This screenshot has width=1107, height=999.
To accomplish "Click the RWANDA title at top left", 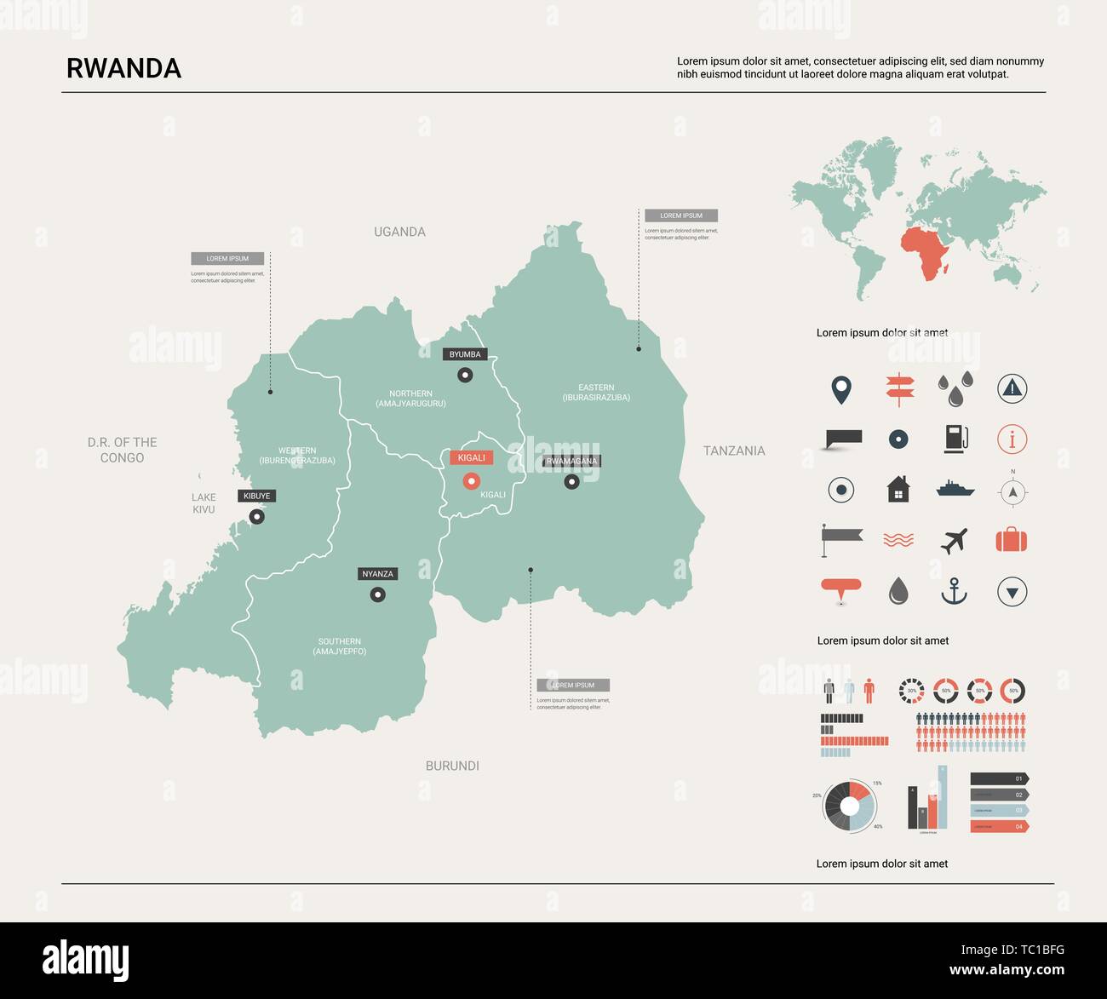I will pos(123,68).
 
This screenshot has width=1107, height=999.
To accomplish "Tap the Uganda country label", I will pos(399,232).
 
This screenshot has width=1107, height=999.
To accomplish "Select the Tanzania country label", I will pos(733,451).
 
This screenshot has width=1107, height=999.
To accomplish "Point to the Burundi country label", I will pos(452,766).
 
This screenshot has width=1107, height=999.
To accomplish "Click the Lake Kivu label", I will pos(204,503).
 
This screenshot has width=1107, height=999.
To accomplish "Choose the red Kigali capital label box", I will pos(471,457).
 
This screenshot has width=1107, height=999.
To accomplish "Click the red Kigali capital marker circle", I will pos(471,481).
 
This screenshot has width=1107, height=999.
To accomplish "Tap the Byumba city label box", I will pos(464,354).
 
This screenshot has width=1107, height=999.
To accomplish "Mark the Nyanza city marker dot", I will pos(377,594).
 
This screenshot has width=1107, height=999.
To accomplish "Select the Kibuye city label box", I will pos(256,496).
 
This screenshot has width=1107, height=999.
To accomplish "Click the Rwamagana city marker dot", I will pos(571,481).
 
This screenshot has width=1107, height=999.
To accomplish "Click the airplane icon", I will pos(955,540).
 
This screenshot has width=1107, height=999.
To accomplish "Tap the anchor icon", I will pos(954,591).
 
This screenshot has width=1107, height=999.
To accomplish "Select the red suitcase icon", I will pos(1011,540).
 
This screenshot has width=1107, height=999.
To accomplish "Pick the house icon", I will pos(898,490).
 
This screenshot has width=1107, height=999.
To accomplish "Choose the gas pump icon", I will pos(955,439).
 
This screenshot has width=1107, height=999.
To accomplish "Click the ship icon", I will pos(955,490).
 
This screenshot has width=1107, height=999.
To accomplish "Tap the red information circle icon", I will pos(1012,439).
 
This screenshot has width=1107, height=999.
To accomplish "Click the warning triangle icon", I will pos(1012,388).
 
